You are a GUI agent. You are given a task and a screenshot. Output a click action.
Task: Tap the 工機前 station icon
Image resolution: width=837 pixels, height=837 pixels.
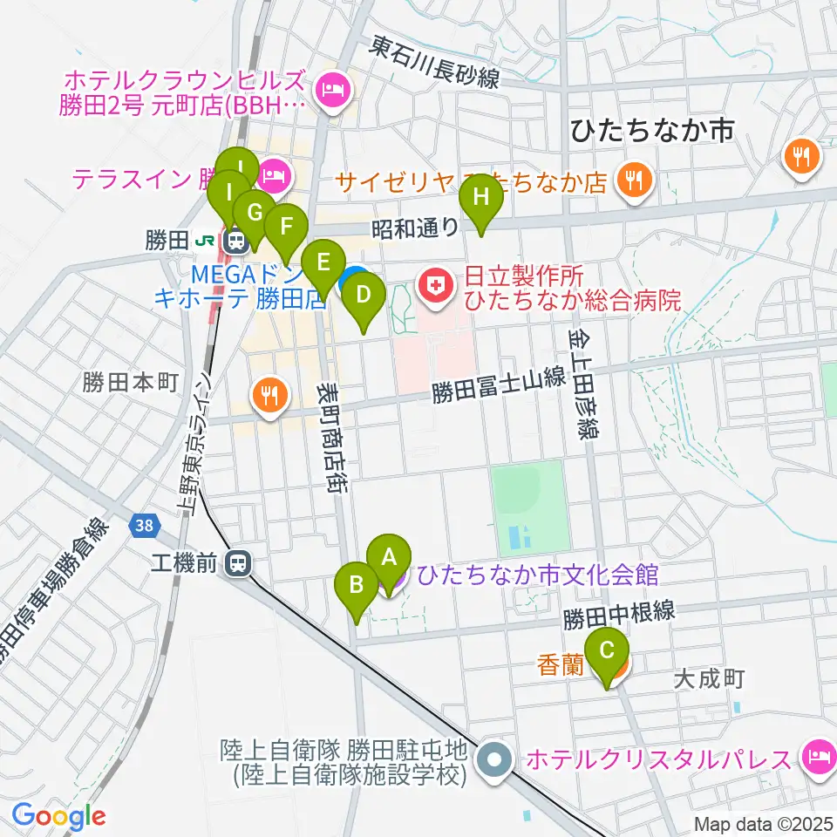tap(235, 564)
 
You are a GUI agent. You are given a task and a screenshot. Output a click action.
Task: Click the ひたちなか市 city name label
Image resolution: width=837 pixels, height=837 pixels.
tap(650, 131)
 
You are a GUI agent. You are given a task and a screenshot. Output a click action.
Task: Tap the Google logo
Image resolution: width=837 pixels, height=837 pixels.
tap(58, 816)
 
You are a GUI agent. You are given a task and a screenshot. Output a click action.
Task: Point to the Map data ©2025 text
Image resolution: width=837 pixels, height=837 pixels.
tap(762, 823)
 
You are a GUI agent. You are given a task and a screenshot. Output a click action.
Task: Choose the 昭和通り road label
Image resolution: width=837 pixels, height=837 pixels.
tap(415, 228)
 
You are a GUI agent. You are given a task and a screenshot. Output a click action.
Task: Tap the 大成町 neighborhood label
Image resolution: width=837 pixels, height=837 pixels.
tap(711, 679)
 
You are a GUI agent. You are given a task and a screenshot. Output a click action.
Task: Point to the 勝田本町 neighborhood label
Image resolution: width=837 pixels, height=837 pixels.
tap(131, 382)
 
